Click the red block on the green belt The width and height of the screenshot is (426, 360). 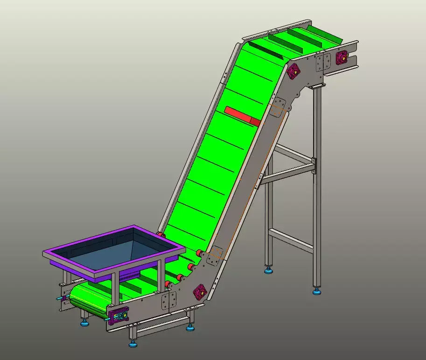[242, 115]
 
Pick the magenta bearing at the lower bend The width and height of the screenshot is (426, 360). [200, 292]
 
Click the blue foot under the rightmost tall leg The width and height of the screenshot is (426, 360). [317, 292]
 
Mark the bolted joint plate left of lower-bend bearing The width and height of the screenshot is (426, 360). [168, 302]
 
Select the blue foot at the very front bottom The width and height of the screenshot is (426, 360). [133, 345]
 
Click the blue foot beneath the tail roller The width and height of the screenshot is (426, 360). [84, 323]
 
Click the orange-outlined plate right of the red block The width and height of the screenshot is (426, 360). [279, 107]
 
